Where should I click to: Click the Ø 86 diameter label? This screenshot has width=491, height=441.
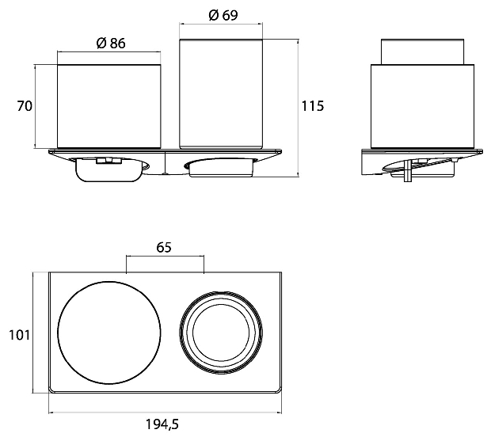click(x=111, y=43)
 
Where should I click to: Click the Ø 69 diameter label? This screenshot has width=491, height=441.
click(x=223, y=15)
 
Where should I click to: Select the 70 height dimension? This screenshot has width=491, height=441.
click(x=25, y=106)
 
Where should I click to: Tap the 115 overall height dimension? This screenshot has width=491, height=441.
click(x=313, y=106)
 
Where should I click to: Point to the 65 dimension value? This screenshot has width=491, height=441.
click(x=164, y=247)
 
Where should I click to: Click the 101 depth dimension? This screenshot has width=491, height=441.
click(x=19, y=335)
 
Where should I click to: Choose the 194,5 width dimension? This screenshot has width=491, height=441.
click(x=162, y=424)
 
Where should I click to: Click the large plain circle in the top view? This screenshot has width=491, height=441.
click(x=109, y=281)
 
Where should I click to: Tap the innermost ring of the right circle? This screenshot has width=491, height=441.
click(x=222, y=305)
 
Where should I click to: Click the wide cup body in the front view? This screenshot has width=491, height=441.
click(x=109, y=106)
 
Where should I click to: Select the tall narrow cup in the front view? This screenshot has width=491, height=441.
click(x=221, y=93)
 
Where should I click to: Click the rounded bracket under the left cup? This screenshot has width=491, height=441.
click(x=108, y=170)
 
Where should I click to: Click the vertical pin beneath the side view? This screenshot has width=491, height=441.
click(x=407, y=172)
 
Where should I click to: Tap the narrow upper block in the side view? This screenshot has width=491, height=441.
click(x=422, y=51)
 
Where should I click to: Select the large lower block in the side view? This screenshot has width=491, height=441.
click(x=422, y=106)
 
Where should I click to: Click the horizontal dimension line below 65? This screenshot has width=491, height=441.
click(x=165, y=256)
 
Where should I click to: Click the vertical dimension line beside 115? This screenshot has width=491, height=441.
click(x=298, y=108)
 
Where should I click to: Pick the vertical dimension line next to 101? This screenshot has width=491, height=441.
click(x=34, y=333)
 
